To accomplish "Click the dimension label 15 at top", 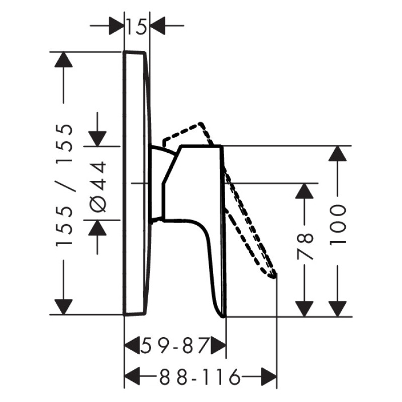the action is pyautogui.click(x=137, y=27).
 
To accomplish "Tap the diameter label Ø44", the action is pyautogui.click(x=98, y=186).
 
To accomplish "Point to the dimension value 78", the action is pyautogui.click(x=305, y=246).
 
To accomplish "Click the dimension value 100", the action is pyautogui.click(x=337, y=225).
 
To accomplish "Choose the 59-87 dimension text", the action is pyautogui.click(x=174, y=345).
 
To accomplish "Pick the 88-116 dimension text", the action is pyautogui.click(x=199, y=377).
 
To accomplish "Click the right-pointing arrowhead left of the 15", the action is pyautogui.click(x=116, y=26).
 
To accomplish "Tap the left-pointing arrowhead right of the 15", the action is pyautogui.click(x=157, y=26).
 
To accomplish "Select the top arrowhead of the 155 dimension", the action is pyautogui.click(x=64, y=60).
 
